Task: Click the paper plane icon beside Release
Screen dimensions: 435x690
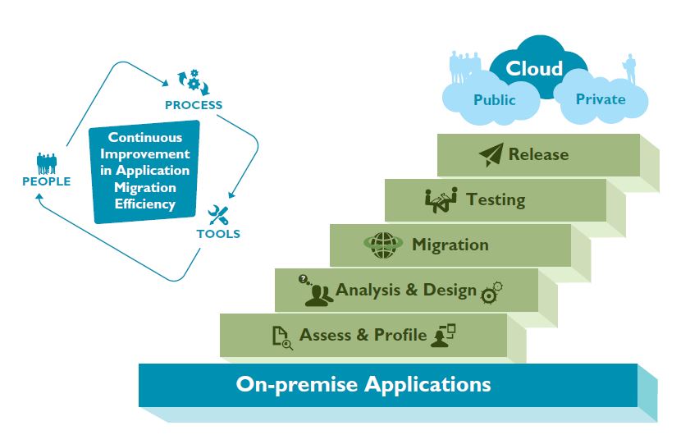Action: tap(491, 155)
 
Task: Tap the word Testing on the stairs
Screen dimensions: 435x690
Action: tap(496, 199)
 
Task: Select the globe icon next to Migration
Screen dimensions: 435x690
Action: tap(384, 245)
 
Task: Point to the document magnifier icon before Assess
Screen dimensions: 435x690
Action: tap(281, 337)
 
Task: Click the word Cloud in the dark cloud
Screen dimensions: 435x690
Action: tap(534, 68)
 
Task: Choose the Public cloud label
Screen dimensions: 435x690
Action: tap(495, 100)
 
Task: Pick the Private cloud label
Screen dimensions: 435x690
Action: tap(601, 99)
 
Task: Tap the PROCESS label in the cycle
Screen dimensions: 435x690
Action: tap(194, 105)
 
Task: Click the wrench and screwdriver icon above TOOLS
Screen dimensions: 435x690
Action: tap(218, 216)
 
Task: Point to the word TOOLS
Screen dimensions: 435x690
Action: tap(218, 234)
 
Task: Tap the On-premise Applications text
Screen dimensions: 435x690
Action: tap(363, 383)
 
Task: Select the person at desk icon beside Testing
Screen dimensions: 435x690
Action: tap(440, 199)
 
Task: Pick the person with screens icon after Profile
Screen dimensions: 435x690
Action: tap(443, 336)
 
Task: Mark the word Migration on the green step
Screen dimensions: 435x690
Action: tap(450, 245)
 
